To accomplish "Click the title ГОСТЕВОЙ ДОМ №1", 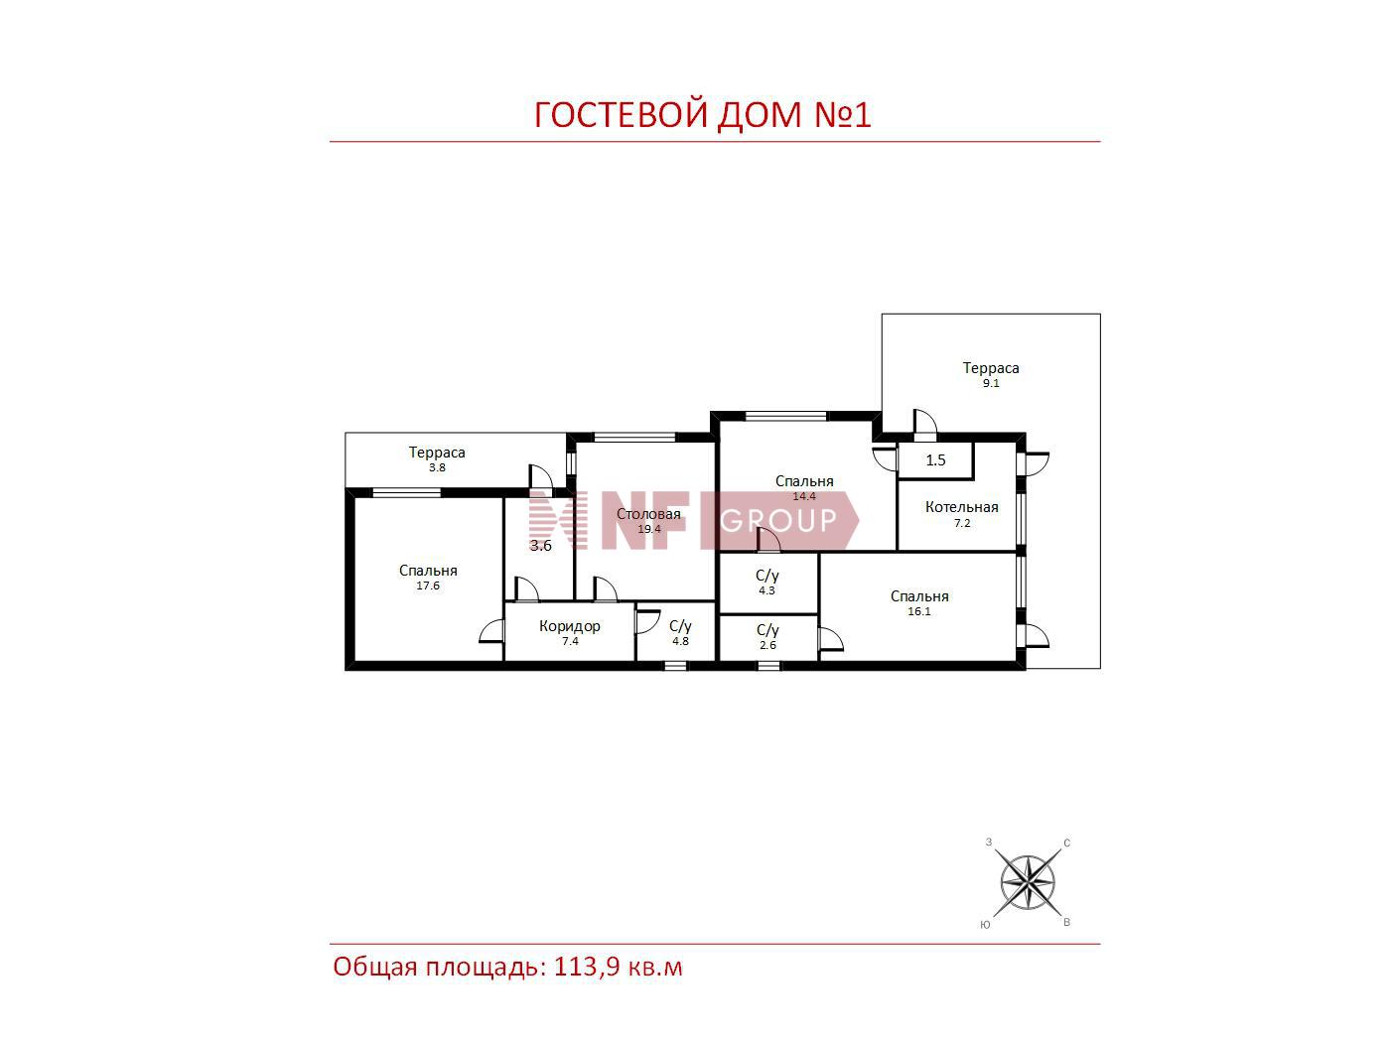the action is (702, 114).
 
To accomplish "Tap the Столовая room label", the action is (648, 514).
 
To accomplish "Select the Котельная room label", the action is (961, 507).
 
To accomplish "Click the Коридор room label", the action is (569, 626).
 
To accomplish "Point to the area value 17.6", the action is (428, 586).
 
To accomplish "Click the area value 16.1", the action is (918, 611).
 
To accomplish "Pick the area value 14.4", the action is (804, 496).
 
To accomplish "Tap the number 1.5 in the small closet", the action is (935, 460).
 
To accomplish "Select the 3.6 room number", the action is (541, 546).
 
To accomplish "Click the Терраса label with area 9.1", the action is (991, 368).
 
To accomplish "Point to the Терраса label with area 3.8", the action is (436, 453).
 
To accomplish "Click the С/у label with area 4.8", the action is (680, 626).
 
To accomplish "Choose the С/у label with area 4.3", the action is (766, 576).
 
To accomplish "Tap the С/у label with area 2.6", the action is (767, 630).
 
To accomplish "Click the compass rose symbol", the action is (1028, 882).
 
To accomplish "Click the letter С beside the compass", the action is (1067, 844).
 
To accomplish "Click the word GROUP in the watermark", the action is (778, 521).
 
